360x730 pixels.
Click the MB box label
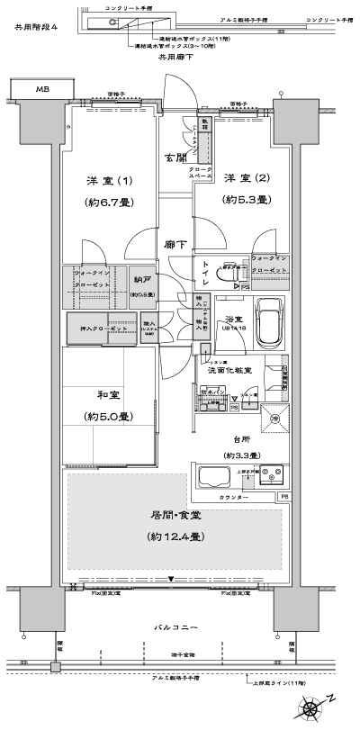tap(42, 90)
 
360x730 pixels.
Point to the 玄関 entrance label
tap(175, 158)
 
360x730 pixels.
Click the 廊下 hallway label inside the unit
tap(175, 244)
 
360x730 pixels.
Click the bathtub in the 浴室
tap(271, 320)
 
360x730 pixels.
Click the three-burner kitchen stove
tap(271, 474)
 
